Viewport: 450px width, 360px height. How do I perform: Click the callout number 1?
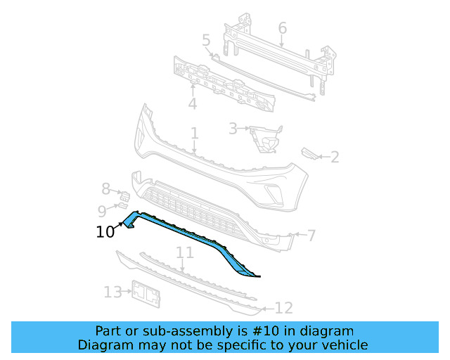pos(194,133)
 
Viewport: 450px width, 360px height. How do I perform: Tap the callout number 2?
pos(335,157)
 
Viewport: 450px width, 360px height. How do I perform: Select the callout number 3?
pos(233,129)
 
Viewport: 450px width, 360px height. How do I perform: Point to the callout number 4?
pos(192,104)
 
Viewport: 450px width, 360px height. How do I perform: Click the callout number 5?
pos(206,41)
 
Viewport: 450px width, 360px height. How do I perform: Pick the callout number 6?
pos(282,28)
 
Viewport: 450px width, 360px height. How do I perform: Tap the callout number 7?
pos(311,234)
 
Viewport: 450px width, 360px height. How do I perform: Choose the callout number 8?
pos(105,188)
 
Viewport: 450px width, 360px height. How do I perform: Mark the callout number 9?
pos(102,210)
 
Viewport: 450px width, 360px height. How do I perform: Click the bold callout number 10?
pos(105,232)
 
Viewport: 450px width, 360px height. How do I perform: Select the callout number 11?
pos(184,252)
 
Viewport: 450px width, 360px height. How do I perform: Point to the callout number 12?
pos(283,307)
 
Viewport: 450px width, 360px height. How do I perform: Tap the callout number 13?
pos(112,292)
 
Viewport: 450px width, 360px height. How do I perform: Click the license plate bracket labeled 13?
pos(146,295)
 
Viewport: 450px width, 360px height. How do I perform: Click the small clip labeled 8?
pos(122,195)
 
